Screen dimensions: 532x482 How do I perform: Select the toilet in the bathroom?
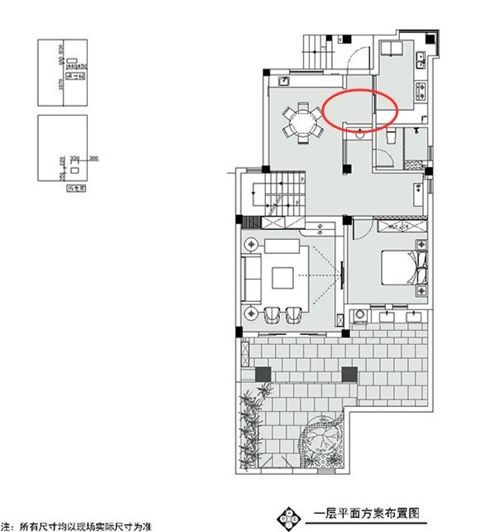point(388,135)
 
